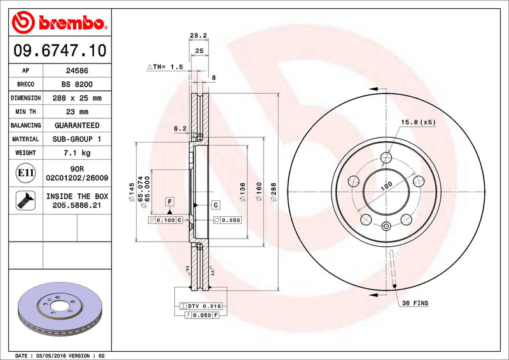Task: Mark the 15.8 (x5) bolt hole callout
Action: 417,122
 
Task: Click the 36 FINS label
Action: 415,303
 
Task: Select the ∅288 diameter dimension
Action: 274,191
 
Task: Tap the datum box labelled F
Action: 170,202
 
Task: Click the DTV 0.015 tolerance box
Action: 200,307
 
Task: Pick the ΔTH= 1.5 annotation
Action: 165,67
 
